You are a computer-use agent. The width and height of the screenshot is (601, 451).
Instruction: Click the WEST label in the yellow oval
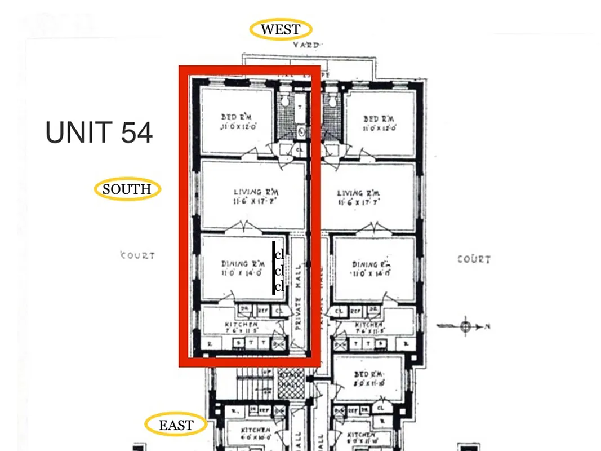281,29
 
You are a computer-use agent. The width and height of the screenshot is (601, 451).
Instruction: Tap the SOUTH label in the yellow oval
127,189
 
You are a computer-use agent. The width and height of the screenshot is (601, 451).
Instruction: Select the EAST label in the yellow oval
176,425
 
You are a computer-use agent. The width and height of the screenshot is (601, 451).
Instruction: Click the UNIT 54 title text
99,133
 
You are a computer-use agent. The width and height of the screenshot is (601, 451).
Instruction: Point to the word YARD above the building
306,45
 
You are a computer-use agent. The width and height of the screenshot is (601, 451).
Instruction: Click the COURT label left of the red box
137,255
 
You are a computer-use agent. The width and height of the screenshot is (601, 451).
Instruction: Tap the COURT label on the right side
473,259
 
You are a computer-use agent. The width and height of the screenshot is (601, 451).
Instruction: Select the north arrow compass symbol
465,326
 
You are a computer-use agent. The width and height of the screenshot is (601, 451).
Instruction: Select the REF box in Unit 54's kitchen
262,309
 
